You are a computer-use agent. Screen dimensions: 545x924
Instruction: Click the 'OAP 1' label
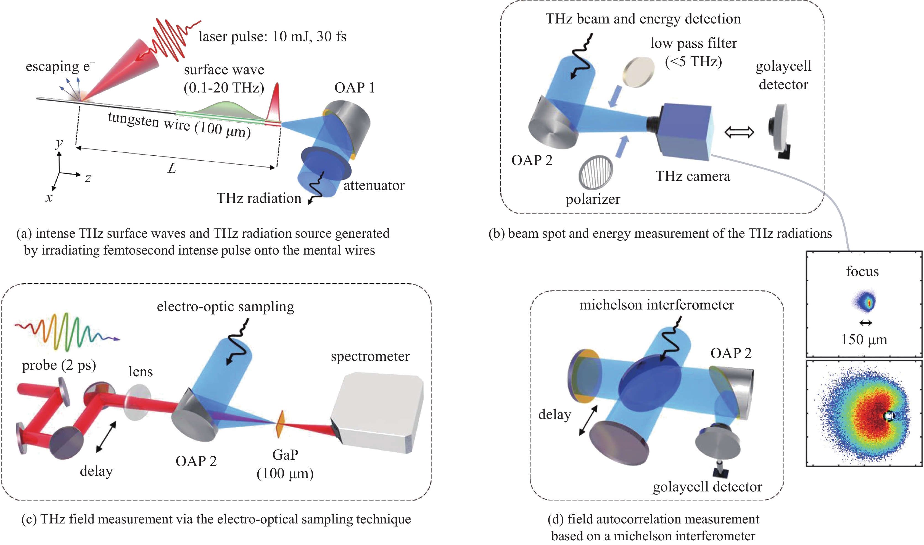pos(354,88)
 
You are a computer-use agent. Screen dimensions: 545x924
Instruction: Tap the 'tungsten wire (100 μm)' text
pos(179,125)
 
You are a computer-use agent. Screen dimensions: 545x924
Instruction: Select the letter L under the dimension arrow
pos(172,169)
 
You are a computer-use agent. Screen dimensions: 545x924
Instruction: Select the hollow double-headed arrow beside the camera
pos(739,132)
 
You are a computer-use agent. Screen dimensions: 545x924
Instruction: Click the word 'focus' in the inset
pos(862,272)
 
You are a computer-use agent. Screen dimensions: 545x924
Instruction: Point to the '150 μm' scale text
pos(864,340)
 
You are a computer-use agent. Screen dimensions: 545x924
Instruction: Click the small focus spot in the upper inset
pos(865,301)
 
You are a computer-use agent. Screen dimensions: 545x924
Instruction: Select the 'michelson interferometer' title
pos(656,305)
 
